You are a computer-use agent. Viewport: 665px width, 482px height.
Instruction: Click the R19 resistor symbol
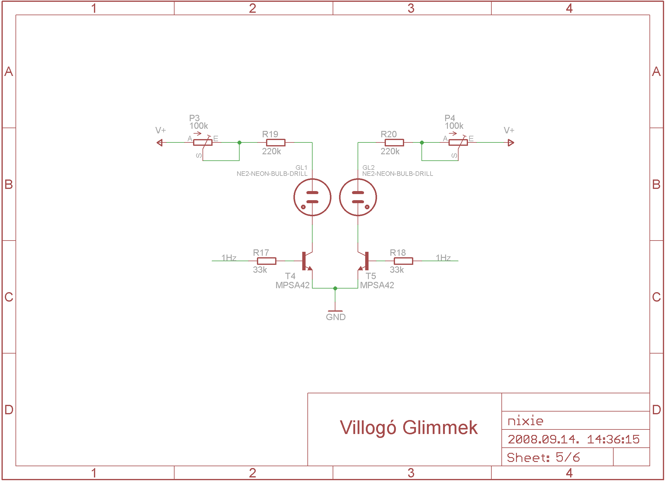[275, 142]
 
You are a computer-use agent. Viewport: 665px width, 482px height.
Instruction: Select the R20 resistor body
[394, 142]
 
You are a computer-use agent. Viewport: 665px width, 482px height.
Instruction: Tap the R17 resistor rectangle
[266, 261]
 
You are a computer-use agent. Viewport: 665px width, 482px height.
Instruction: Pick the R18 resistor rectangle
[403, 261]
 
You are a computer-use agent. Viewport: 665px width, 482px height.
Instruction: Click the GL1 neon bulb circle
[312, 197]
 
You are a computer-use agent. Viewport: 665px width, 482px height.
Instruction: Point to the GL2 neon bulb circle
[358, 197]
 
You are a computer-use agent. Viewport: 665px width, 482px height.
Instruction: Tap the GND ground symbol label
[335, 317]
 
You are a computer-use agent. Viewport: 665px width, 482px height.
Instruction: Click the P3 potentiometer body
[203, 142]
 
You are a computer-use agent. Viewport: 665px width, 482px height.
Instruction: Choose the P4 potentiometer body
[458, 142]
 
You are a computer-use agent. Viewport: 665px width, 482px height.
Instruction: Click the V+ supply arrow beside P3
[160, 142]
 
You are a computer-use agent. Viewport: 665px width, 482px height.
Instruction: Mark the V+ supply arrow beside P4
[511, 142]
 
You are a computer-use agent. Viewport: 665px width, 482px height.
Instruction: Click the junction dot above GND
[335, 288]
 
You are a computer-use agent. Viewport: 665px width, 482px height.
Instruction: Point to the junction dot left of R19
[239, 142]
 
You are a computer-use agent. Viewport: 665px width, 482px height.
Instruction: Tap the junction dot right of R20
[422, 142]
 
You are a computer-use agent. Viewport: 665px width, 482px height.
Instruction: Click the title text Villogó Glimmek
[409, 428]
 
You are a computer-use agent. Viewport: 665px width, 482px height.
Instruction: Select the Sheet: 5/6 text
[543, 457]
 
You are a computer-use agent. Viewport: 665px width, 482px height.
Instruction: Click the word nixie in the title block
[525, 421]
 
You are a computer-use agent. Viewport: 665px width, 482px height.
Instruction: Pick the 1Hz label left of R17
[229, 258]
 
